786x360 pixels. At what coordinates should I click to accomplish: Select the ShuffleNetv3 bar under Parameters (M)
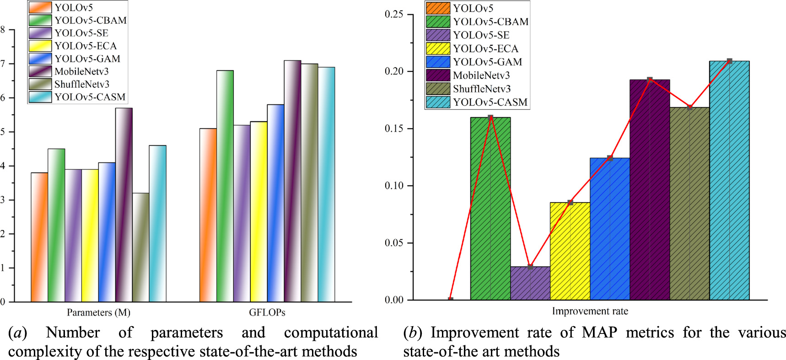[140, 247]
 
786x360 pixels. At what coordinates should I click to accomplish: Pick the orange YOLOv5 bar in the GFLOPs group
[208, 215]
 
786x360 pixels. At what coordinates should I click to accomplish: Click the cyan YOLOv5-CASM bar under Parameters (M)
[157, 224]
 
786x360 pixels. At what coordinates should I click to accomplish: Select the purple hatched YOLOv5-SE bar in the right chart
[530, 284]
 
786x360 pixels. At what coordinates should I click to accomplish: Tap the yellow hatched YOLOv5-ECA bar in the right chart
[570, 252]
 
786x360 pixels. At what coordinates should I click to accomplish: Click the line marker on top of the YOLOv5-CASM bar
[729, 61]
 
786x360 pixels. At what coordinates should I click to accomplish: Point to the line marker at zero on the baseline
[451, 300]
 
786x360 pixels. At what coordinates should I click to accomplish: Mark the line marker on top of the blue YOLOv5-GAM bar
[610, 158]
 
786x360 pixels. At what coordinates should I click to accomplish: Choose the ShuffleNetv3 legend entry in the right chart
[481, 89]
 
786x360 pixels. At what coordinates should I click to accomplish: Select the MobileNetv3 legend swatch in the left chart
[40, 71]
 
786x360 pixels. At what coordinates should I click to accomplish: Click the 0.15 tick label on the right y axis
[394, 129]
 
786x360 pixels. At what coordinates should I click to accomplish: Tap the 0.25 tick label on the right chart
[394, 14]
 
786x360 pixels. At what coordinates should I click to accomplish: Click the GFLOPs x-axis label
[267, 312]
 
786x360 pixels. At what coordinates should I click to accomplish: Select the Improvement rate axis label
[590, 312]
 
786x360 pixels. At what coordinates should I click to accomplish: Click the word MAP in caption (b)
[600, 333]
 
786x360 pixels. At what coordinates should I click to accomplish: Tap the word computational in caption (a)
[330, 333]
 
